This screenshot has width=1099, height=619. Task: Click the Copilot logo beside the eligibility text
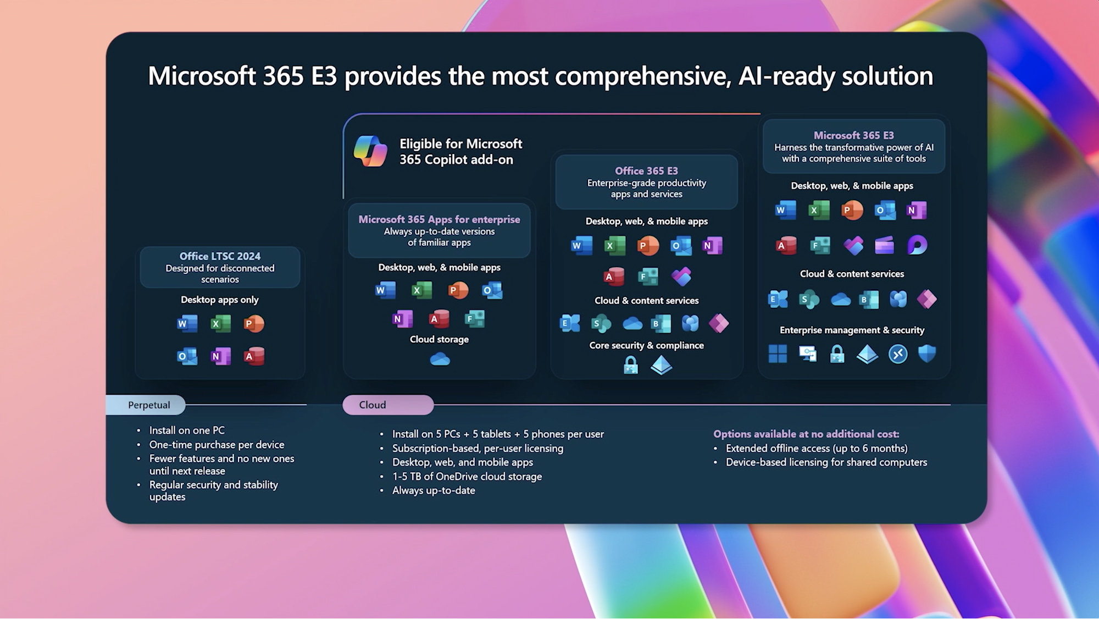click(370, 151)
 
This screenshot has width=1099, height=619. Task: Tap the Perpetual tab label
click(149, 405)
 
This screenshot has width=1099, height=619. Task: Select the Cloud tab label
click(373, 405)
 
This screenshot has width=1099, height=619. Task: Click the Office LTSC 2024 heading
click(220, 256)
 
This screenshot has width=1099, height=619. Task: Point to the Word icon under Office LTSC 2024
click(187, 324)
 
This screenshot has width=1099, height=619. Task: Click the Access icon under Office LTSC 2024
click(254, 356)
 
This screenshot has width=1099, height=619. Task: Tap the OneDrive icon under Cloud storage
click(440, 360)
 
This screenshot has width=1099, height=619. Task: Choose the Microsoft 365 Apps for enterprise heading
click(439, 219)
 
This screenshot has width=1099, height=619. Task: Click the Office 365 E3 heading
click(646, 171)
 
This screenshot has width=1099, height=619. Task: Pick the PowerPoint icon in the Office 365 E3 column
click(648, 246)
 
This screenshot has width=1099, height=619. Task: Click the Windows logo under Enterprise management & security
click(778, 354)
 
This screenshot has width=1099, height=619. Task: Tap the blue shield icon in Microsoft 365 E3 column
click(927, 353)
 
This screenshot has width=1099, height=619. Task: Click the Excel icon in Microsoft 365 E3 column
click(819, 210)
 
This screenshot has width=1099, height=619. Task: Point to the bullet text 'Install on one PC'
click(187, 430)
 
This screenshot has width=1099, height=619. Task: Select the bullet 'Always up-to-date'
click(434, 490)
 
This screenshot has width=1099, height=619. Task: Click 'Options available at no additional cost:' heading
click(806, 434)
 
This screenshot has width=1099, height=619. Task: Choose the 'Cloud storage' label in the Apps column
click(439, 339)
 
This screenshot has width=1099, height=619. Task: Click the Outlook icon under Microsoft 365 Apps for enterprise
click(492, 290)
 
